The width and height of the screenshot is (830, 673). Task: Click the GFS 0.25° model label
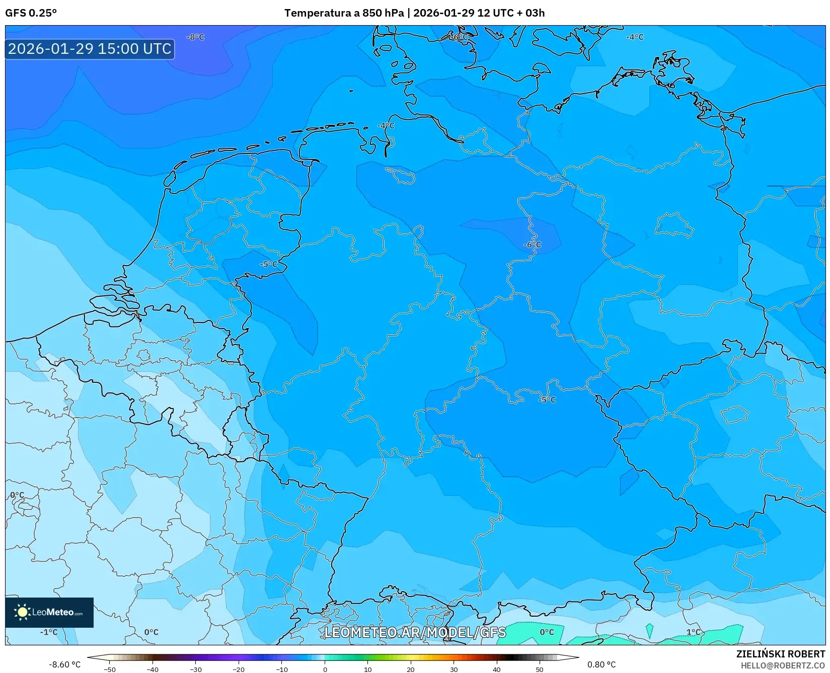tap(31, 13)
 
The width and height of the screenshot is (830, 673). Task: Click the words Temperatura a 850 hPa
tap(344, 13)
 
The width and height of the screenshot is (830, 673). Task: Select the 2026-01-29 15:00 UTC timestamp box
tap(90, 49)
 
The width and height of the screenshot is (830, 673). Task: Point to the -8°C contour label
tap(195, 37)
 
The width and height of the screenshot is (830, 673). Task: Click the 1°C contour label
tap(693, 632)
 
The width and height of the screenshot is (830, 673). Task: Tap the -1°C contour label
tap(49, 632)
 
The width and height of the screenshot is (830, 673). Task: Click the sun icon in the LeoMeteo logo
tap(22, 612)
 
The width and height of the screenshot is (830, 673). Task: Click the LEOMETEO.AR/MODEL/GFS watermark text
tap(415, 632)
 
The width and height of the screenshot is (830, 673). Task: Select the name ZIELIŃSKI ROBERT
tap(781, 654)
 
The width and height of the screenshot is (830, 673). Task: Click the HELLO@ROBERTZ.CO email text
tap(783, 665)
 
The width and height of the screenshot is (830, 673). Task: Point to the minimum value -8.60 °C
tap(64, 665)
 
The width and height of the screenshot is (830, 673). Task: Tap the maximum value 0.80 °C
tap(601, 665)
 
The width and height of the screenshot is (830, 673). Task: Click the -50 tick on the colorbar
tap(109, 669)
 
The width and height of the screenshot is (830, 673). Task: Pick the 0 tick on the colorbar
tap(325, 669)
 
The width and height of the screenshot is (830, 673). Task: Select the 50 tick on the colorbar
tap(540, 669)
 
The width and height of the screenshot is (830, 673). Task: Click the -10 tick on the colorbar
tap(282, 669)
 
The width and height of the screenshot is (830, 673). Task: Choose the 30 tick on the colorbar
tap(454, 669)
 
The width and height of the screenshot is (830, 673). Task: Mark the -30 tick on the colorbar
tap(195, 669)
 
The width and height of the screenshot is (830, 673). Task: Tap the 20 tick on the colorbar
tap(411, 669)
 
